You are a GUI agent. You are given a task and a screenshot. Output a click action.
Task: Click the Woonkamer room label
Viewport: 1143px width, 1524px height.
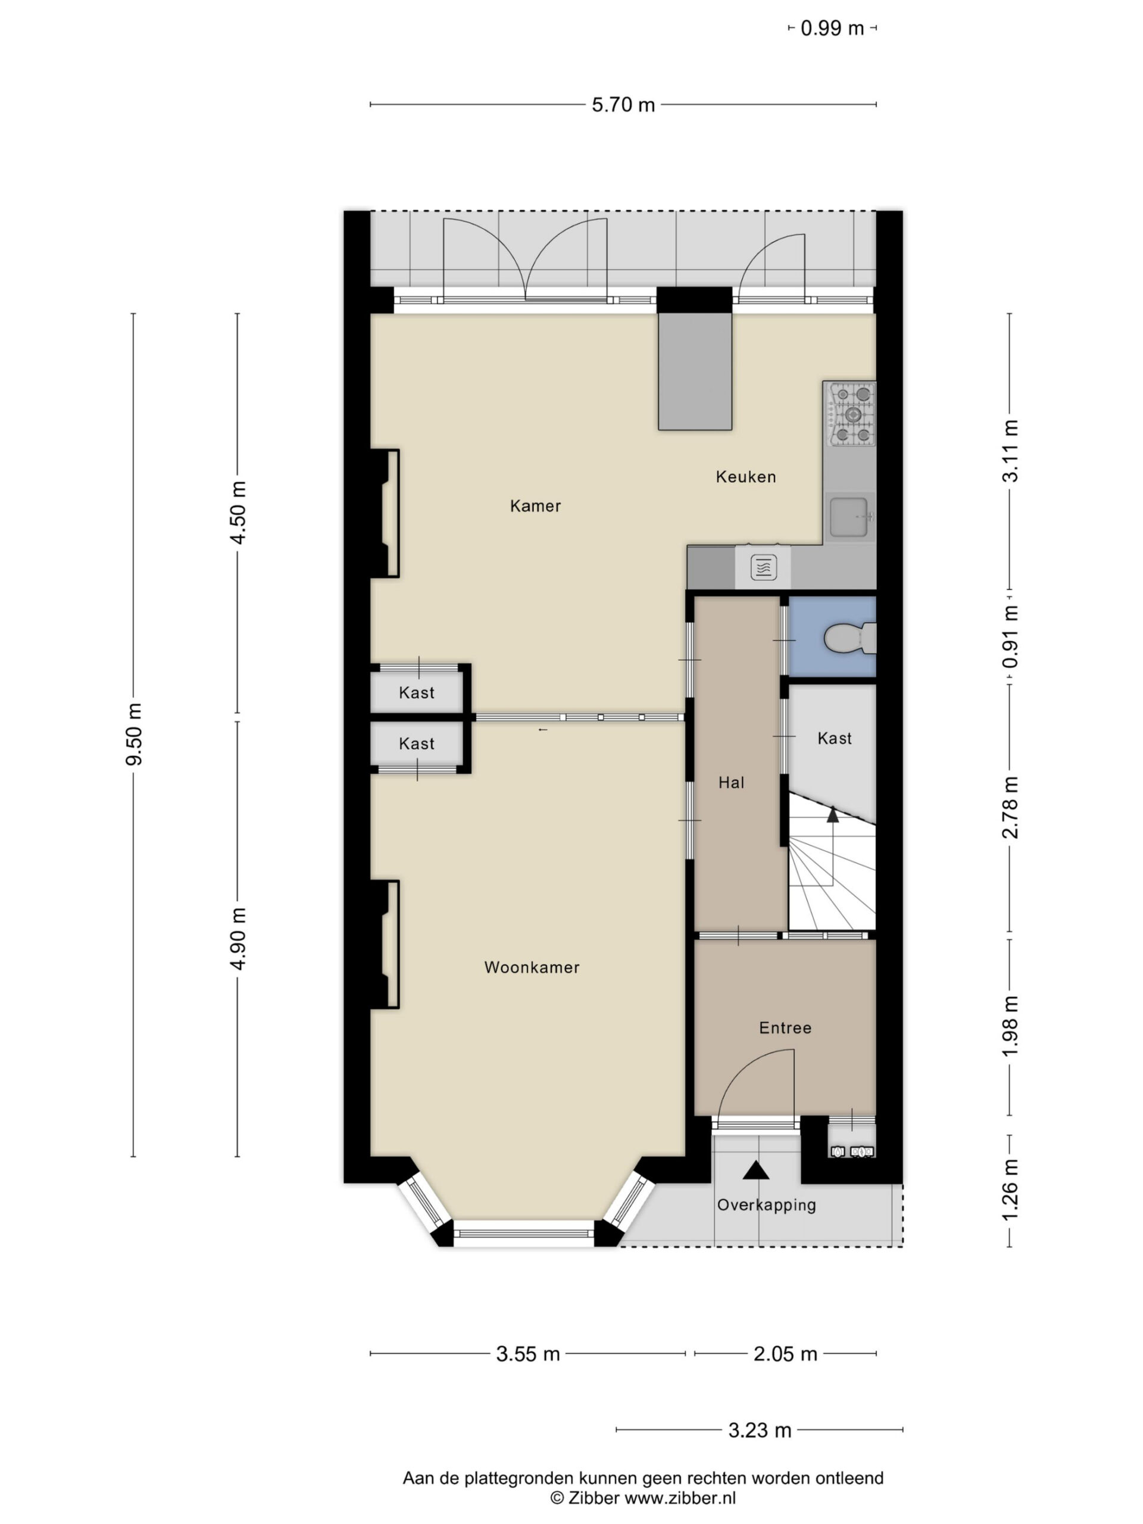coord(531,967)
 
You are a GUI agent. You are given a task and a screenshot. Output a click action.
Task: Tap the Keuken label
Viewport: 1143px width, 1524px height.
coord(745,477)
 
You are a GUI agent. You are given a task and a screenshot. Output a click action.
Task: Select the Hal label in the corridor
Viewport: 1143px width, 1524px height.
coord(731,783)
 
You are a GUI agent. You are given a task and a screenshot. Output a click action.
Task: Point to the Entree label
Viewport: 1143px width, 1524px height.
coord(785,1028)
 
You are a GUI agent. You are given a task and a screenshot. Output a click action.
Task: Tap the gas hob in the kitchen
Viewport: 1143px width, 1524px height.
coord(851,414)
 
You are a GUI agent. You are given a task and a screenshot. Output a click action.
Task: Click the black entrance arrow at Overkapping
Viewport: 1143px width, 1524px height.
coord(756,1170)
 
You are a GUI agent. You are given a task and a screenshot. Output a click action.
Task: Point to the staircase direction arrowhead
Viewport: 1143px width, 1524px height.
coord(833,814)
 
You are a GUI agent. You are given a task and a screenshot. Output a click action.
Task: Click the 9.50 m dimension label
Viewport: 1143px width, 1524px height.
coord(134,735)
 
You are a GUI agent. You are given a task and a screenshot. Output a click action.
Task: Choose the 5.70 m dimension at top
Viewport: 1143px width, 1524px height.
coord(623,105)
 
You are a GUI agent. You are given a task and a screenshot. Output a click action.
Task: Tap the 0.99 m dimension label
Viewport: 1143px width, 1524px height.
coord(832,28)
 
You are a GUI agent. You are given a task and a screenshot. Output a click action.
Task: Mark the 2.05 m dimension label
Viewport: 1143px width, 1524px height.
coord(785,1354)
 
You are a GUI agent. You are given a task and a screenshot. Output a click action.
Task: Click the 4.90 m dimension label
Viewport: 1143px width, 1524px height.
coord(238,938)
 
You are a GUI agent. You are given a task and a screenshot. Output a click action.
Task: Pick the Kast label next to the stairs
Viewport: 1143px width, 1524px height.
coord(835,739)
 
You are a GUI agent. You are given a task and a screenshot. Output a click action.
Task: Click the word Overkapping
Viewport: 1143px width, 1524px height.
coord(766,1205)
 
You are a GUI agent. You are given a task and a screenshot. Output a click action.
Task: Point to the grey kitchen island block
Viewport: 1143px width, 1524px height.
coord(695,371)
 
